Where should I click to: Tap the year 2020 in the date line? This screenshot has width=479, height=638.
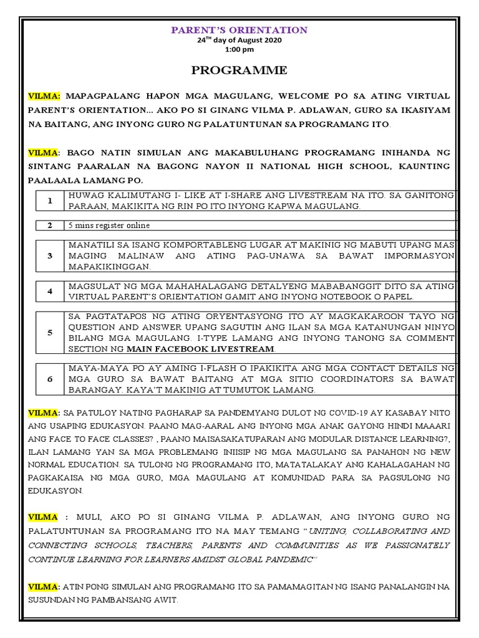tap(272, 40)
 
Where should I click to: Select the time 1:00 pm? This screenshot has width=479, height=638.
tap(240, 49)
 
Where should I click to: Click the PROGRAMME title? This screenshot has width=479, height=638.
tap(239, 71)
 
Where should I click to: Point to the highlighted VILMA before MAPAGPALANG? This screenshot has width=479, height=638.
tap(44, 97)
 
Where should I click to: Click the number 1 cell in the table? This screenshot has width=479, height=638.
tap(49, 201)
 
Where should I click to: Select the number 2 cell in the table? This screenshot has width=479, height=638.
tap(49, 226)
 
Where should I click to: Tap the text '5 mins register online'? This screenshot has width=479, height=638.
tap(110, 226)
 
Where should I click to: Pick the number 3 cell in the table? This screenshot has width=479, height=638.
tap(49, 256)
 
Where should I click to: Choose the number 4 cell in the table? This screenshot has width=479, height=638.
tap(49, 291)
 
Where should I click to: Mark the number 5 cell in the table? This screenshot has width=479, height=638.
tap(49, 333)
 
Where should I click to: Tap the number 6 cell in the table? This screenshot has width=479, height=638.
tap(49, 379)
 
